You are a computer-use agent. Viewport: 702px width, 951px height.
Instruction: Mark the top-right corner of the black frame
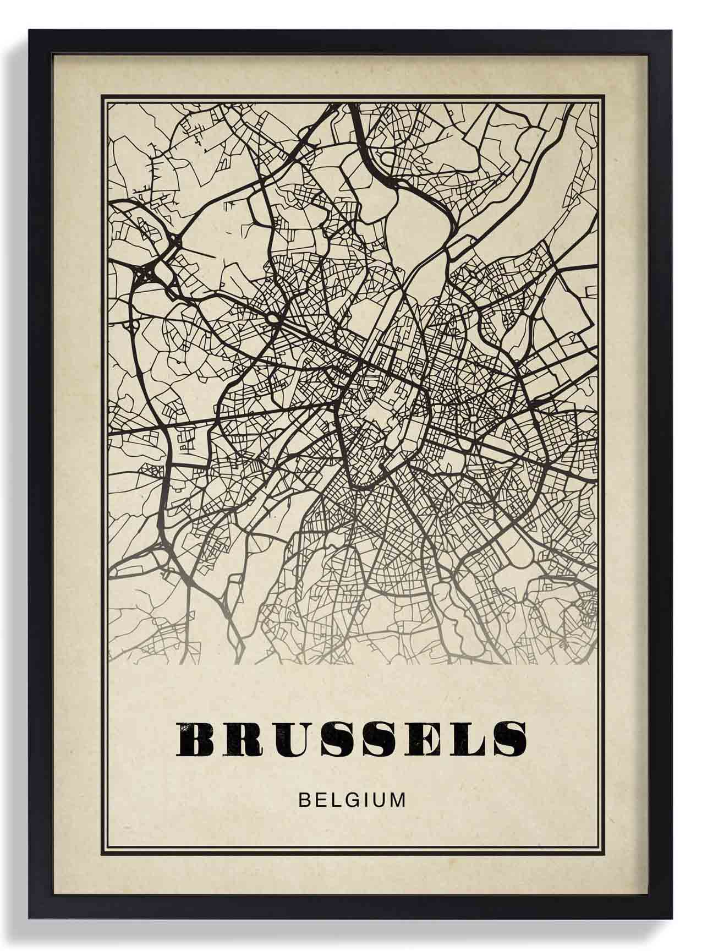click(x=672, y=31)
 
